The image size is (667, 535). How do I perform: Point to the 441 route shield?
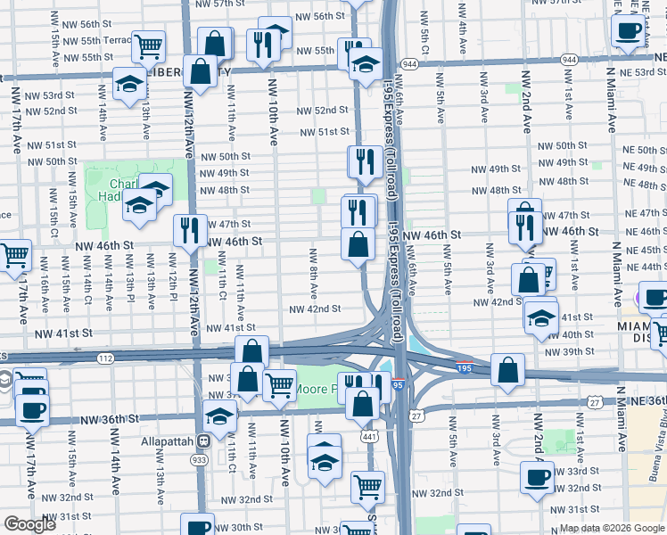[368, 437]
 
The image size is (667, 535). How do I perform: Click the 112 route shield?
[105, 358]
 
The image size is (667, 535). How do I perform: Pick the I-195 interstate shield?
[464, 366]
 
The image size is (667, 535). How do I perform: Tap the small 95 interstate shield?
[398, 385]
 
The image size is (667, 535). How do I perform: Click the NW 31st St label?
[63, 516]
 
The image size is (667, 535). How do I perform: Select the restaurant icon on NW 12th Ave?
[190, 228]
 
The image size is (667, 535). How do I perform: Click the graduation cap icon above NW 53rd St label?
[129, 83]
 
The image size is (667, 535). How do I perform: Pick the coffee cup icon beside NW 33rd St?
[538, 477]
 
